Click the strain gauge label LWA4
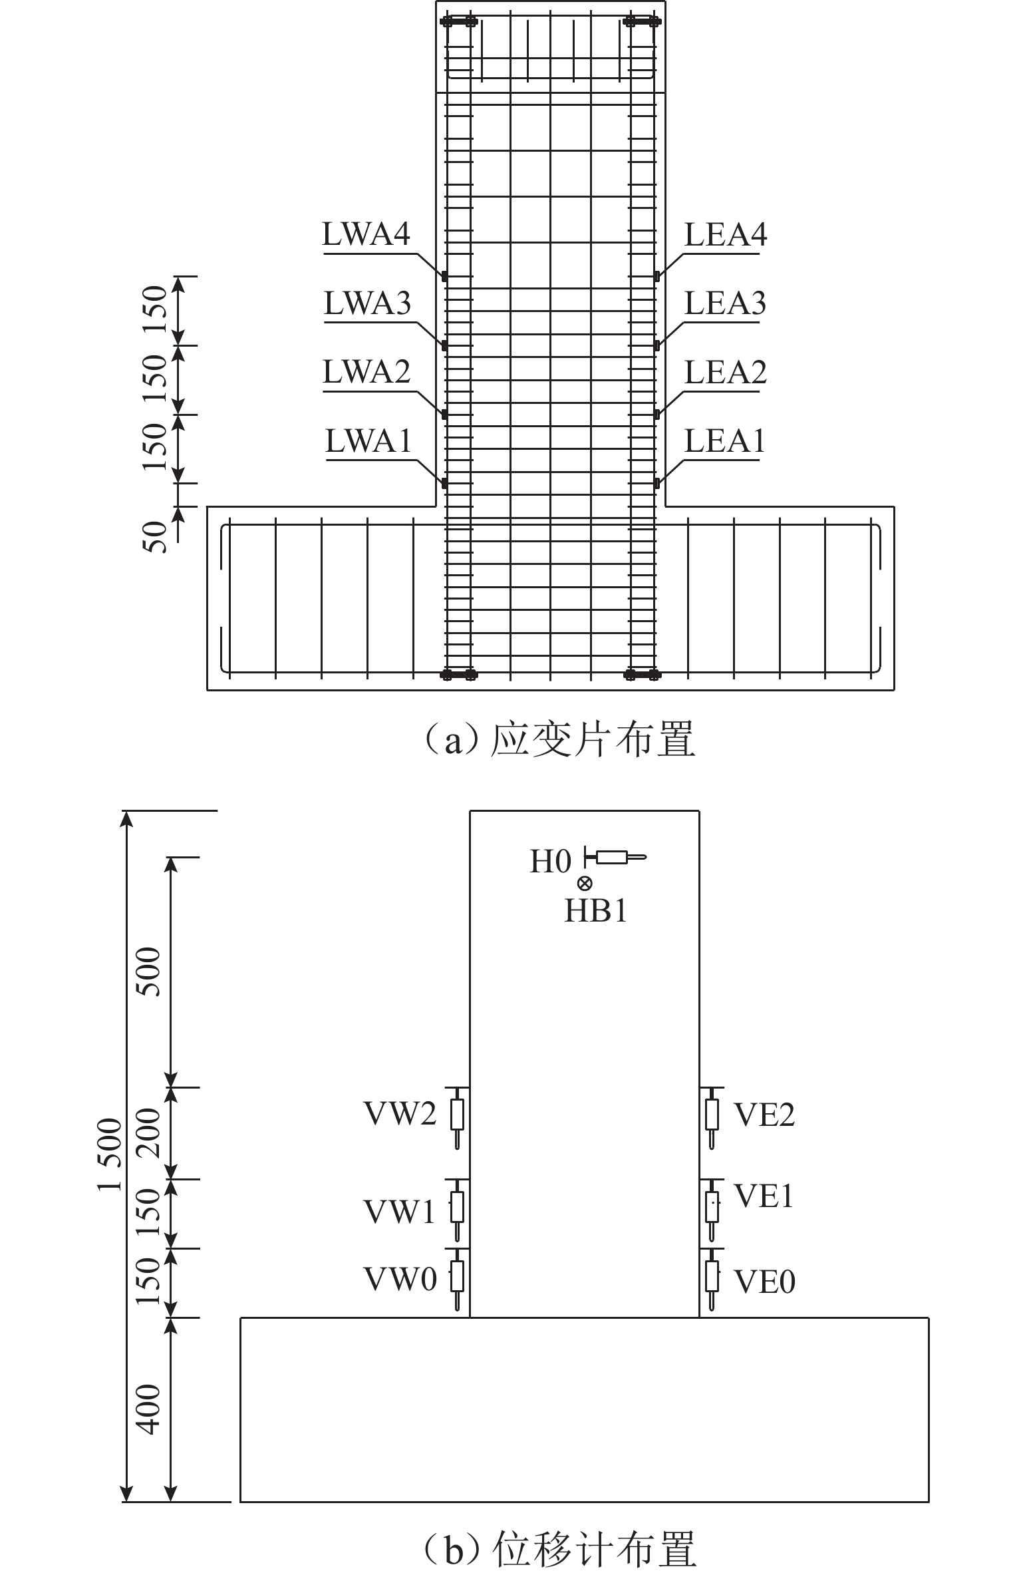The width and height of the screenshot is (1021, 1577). tap(366, 234)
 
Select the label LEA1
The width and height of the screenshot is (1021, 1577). tap(724, 441)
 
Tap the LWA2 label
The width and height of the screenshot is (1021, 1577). tap(366, 372)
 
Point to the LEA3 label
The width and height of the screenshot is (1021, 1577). tap(725, 303)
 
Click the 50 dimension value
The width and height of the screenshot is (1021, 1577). tap(154, 536)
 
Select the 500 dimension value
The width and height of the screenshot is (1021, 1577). tap(149, 971)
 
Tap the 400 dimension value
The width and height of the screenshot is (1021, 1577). tap(149, 1409)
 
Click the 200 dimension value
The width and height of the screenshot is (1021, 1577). tap(149, 1133)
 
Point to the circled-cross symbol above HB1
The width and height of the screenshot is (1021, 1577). tap(585, 884)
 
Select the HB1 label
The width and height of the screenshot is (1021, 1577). tap(595, 911)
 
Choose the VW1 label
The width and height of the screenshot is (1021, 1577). tap(399, 1212)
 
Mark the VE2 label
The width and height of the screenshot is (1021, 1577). tap(764, 1115)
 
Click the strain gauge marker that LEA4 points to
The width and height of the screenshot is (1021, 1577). tap(656, 276)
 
